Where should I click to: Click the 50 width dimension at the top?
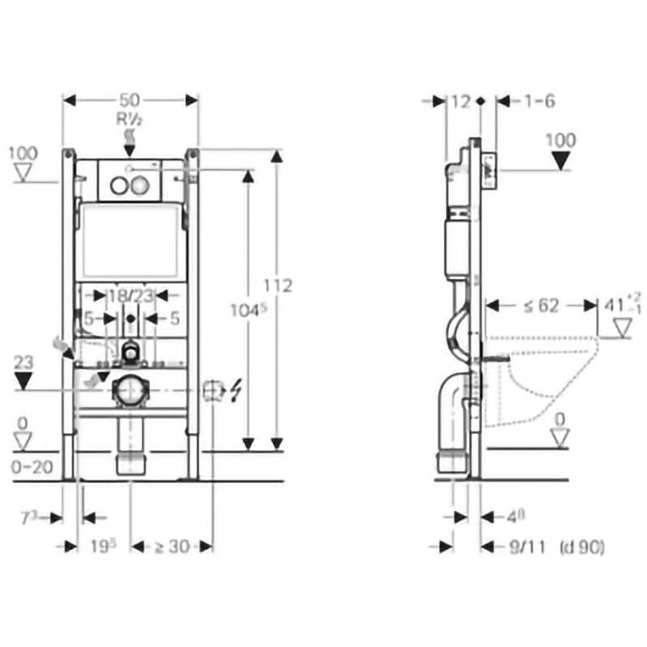pos(130,99)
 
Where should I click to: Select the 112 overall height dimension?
pos(277,286)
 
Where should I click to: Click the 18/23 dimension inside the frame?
pos(132,297)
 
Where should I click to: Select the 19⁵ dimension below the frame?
pos(103,546)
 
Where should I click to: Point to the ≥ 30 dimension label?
pos(171,546)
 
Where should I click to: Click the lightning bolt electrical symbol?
pos(237,391)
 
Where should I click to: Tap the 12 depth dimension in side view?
pos(460,101)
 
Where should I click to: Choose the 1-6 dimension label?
pos(538,101)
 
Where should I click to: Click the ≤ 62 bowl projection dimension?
pos(539,305)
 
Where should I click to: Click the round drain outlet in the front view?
pos(129,390)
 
